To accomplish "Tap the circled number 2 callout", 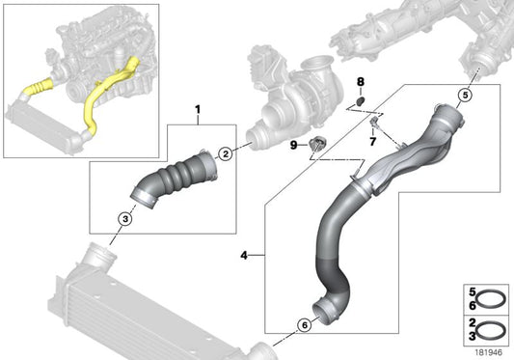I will click(225, 153).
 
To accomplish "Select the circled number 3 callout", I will click(125, 218).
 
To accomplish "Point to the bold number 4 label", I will click(245, 255).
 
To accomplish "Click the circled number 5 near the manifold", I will click(465, 96).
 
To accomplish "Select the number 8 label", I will click(361, 83).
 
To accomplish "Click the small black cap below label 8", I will click(360, 101).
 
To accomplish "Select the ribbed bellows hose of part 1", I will click(179, 180).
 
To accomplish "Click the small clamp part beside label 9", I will click(319, 146).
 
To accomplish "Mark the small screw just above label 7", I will click(371, 123).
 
